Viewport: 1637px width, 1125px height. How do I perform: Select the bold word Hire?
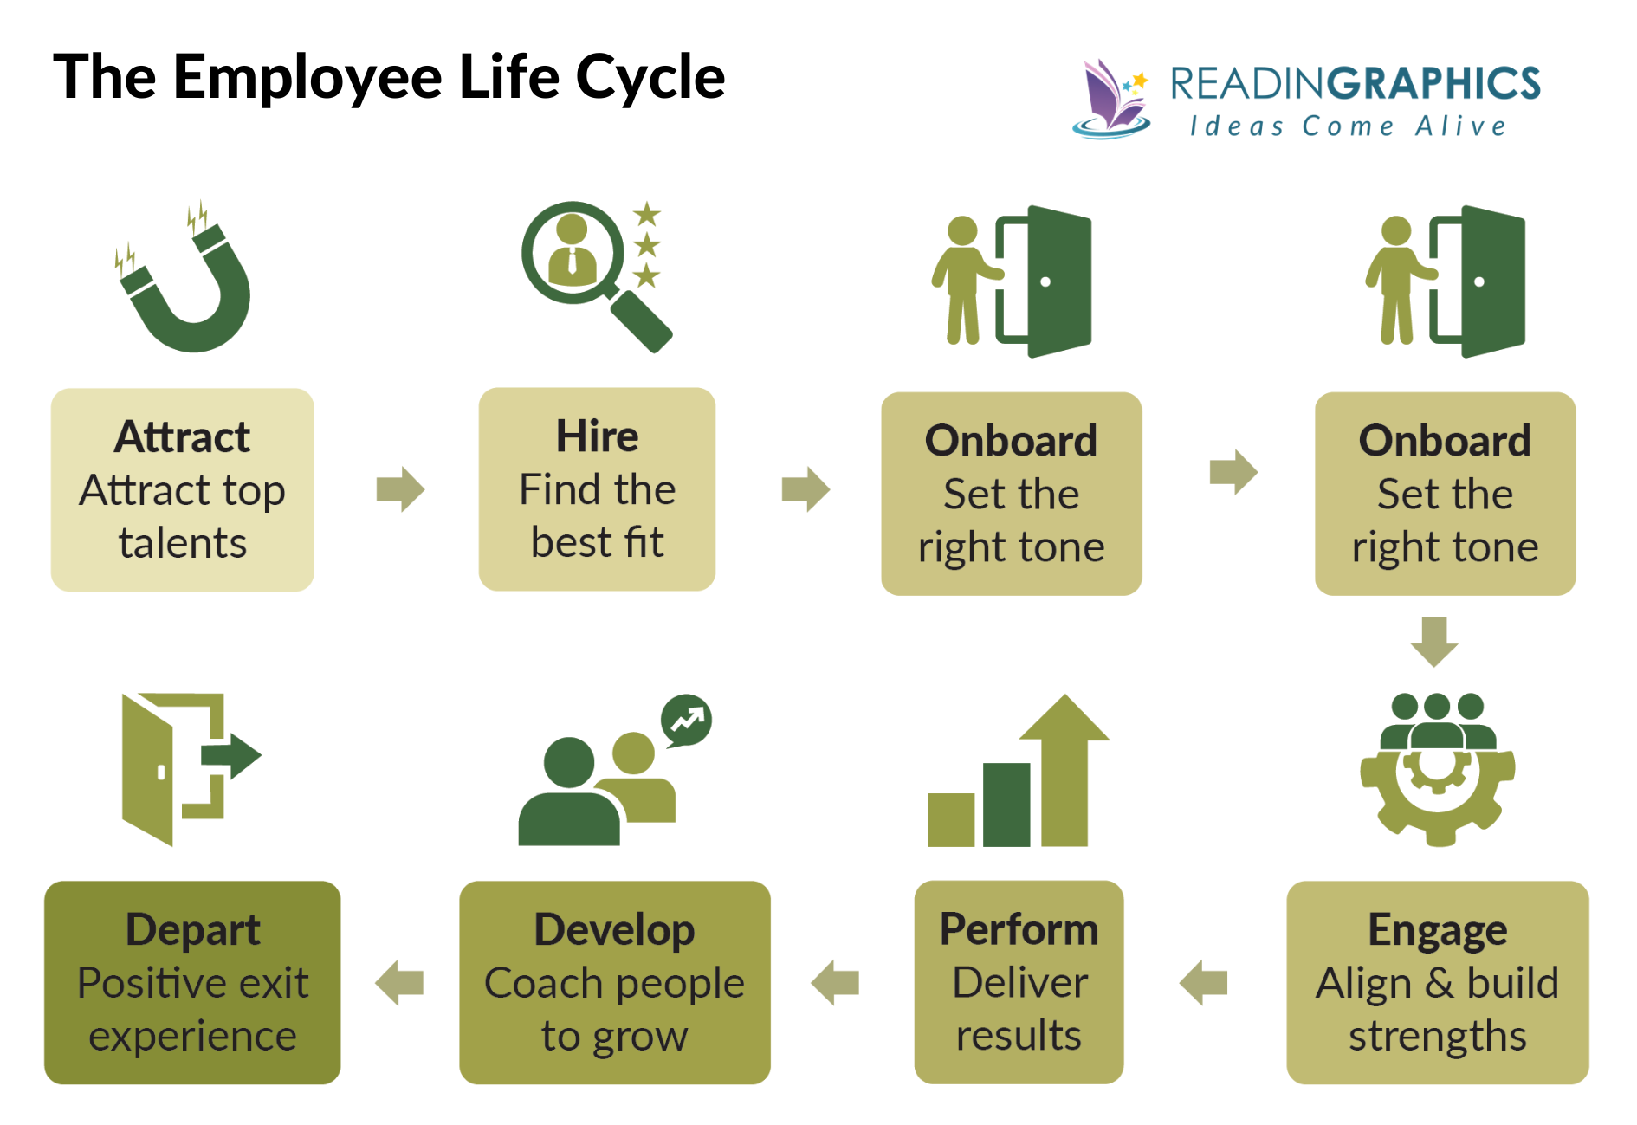tap(597, 436)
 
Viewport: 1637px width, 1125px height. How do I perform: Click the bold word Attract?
tap(182, 436)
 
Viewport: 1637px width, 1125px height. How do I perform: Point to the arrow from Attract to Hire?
tap(400, 489)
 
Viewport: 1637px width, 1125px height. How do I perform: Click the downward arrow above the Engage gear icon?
tap(1434, 641)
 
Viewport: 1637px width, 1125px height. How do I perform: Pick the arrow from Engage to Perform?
tap(1204, 982)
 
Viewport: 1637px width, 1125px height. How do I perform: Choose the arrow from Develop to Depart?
tap(399, 982)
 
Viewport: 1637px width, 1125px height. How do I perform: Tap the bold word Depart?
tap(192, 930)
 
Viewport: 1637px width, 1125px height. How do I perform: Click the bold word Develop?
tap(614, 930)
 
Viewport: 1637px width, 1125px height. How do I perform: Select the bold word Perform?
tap(1019, 930)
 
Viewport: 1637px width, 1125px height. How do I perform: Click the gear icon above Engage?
tap(1438, 779)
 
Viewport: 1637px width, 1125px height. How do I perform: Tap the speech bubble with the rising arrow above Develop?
tap(686, 720)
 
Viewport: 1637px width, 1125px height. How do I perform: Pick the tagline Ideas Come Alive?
tap(1348, 126)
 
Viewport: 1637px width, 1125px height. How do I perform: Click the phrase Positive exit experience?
tap(192, 1010)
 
